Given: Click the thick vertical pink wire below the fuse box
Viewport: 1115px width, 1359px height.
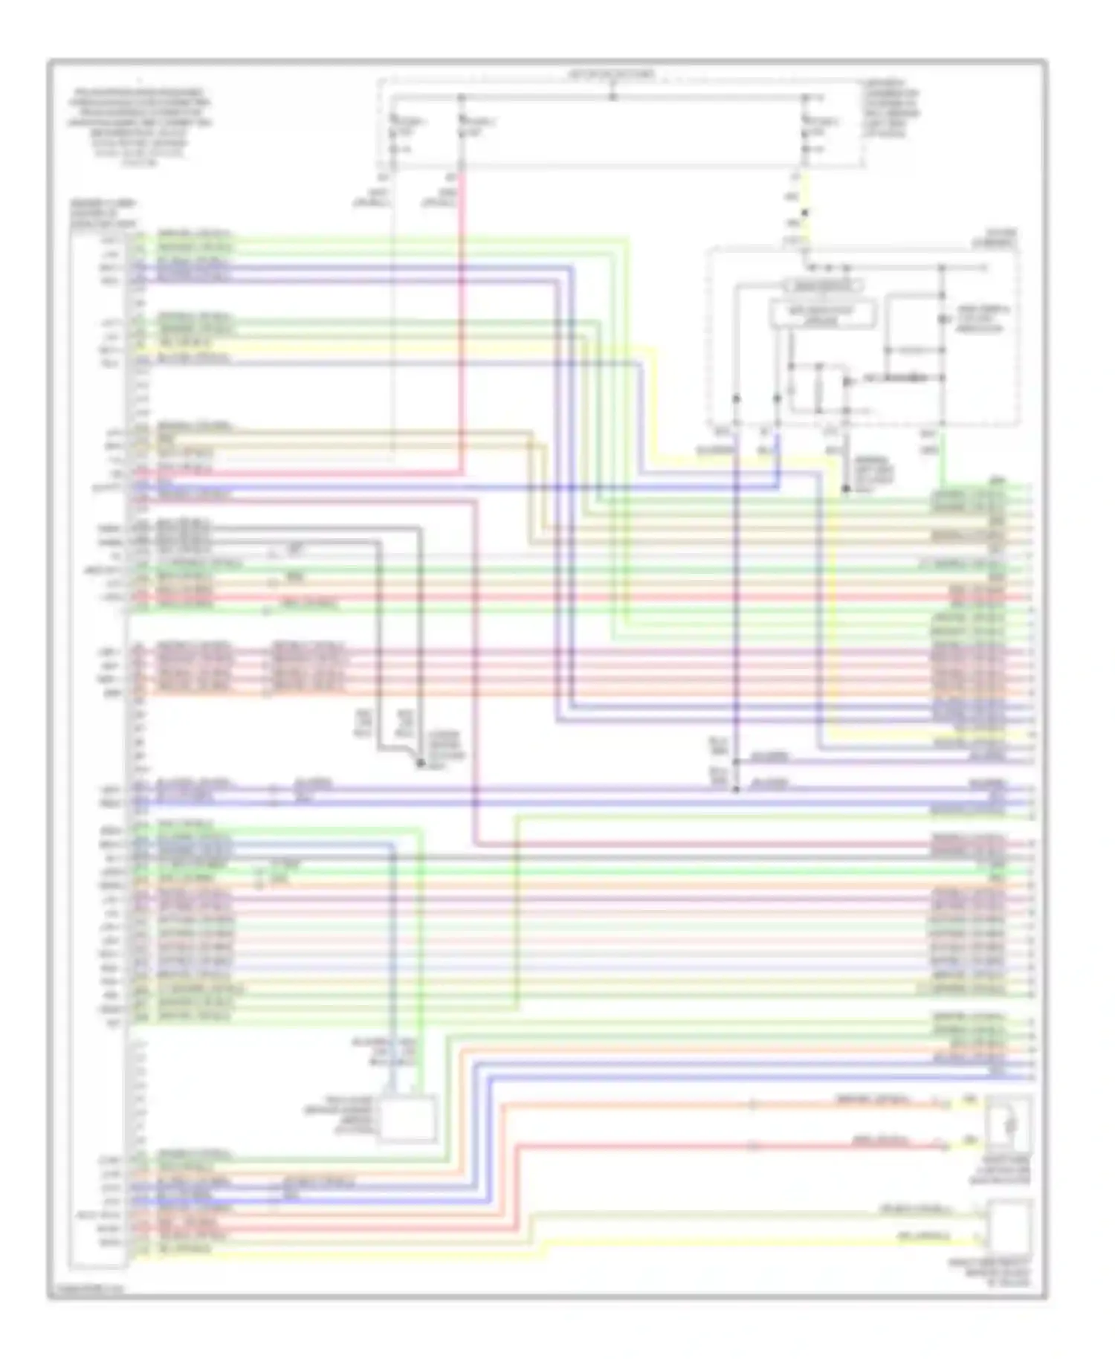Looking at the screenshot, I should coord(462,320).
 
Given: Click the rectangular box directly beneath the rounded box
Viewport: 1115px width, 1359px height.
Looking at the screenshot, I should coord(822,315).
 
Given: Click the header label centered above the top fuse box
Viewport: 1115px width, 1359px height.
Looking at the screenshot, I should coord(612,75).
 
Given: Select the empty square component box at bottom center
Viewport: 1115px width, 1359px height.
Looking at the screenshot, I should coord(407,1117).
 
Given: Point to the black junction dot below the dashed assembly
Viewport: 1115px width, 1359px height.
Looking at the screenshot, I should coord(846,488).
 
